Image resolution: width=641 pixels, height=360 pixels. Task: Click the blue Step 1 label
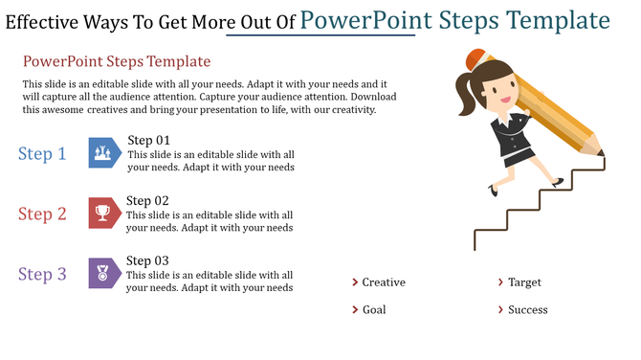coord(42,154)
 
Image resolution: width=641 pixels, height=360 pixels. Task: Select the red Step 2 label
coord(42,214)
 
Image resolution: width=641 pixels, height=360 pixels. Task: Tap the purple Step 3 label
coord(42,275)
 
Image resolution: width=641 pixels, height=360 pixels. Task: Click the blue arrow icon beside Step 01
coord(104,153)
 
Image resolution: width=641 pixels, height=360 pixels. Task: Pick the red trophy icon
coord(104,214)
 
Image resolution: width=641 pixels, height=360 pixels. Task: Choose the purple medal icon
coord(104,274)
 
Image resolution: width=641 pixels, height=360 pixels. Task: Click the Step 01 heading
coord(148,141)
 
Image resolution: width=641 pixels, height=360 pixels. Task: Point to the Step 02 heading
coord(148,201)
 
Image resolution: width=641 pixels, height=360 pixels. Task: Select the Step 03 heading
coord(148,261)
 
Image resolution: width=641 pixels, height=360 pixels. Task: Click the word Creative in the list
coord(384,282)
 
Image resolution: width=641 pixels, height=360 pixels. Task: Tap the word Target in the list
coord(525,282)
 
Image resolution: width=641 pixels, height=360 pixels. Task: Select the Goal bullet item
coord(374,310)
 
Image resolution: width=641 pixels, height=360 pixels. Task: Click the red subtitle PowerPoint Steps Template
coord(116,62)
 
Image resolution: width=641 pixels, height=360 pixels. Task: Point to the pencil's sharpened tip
coord(602,152)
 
